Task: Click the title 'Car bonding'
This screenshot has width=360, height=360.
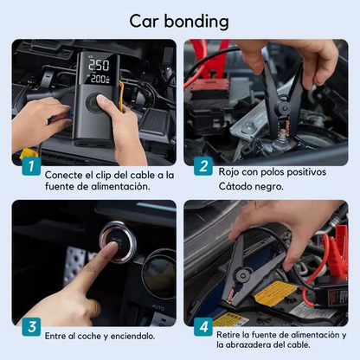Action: point(179,20)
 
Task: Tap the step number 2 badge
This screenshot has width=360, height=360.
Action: point(202,166)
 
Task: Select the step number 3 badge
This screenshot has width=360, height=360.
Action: point(31,327)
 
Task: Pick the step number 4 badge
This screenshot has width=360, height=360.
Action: point(202,327)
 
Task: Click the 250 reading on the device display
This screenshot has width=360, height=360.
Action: point(99,65)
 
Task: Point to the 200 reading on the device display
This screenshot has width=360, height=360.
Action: point(99,78)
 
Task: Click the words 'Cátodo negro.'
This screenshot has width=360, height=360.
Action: point(252,185)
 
